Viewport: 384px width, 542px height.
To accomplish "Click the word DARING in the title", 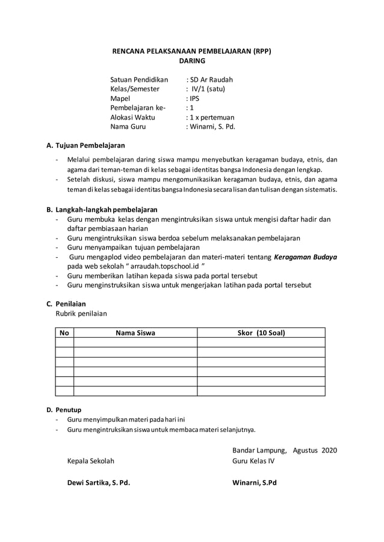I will tap(192, 61).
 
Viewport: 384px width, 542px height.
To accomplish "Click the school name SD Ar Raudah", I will tap(211, 80).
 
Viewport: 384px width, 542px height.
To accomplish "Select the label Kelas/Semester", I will tap(135, 89).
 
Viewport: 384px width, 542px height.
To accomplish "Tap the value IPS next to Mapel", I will tap(194, 99).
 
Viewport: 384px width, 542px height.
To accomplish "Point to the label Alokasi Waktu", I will tap(132, 117).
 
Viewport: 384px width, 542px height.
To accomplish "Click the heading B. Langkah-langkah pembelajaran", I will tap(102, 210).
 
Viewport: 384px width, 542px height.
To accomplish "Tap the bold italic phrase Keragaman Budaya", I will tap(305, 257).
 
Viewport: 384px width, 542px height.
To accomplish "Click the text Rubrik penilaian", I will tap(82, 313).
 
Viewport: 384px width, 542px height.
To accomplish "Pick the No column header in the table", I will tap(64, 333).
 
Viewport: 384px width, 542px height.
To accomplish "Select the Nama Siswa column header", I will tap(135, 333).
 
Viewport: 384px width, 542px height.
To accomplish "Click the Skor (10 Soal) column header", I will tap(261, 333).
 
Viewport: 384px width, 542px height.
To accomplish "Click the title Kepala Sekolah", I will tap(90, 461).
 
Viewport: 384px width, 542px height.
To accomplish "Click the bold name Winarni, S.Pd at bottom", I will tap(255, 483).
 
